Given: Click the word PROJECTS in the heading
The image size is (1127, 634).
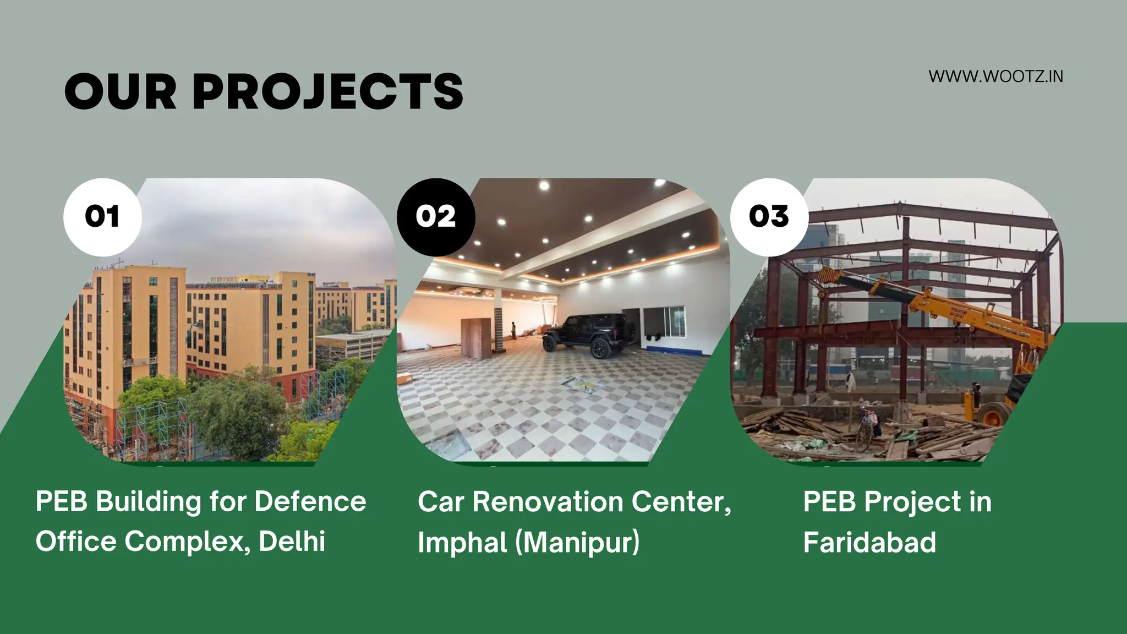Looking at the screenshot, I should [328, 92].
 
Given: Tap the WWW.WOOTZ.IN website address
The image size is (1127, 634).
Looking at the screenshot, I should [995, 76].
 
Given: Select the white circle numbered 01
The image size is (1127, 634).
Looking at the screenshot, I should [102, 217].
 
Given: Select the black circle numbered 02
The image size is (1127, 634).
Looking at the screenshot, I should [436, 217].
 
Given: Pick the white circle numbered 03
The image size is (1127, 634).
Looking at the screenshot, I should [769, 217].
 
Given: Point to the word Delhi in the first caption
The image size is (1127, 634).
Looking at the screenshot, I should [292, 542].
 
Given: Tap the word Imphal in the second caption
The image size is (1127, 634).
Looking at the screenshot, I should [462, 543].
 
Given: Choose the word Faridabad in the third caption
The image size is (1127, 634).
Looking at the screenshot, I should [869, 543].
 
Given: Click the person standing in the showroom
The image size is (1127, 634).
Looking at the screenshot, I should [513, 330].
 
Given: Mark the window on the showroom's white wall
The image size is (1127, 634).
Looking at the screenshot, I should [665, 323].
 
